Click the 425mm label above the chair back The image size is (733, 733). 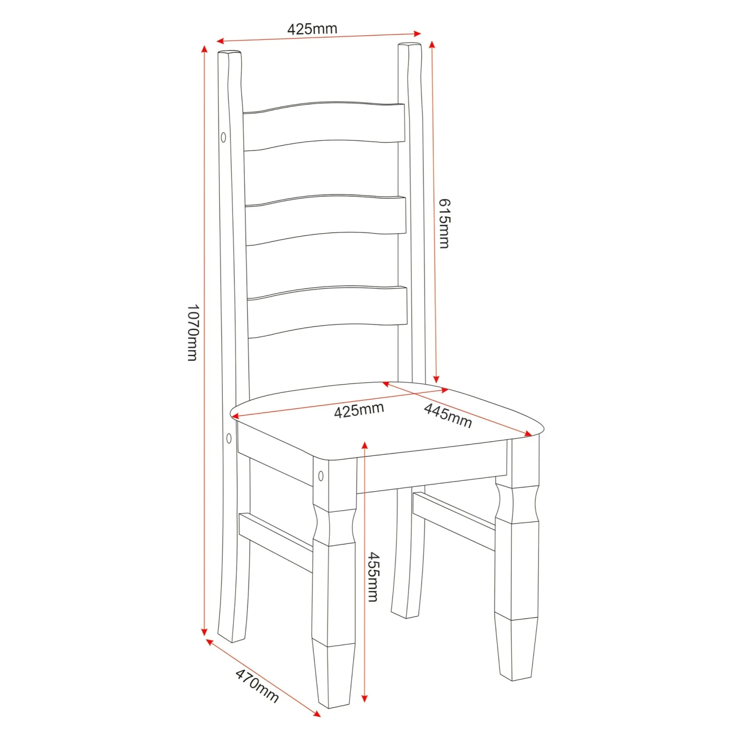312,29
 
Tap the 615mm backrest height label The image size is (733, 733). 444,223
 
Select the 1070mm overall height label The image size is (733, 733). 193,332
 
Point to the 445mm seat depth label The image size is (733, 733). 448,415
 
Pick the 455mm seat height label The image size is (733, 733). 373,577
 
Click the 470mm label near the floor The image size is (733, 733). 257,686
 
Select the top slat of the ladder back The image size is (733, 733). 323,125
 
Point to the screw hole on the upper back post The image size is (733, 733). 223,137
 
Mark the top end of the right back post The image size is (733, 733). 410,47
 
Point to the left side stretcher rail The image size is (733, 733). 276,542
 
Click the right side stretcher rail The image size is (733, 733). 454,521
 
